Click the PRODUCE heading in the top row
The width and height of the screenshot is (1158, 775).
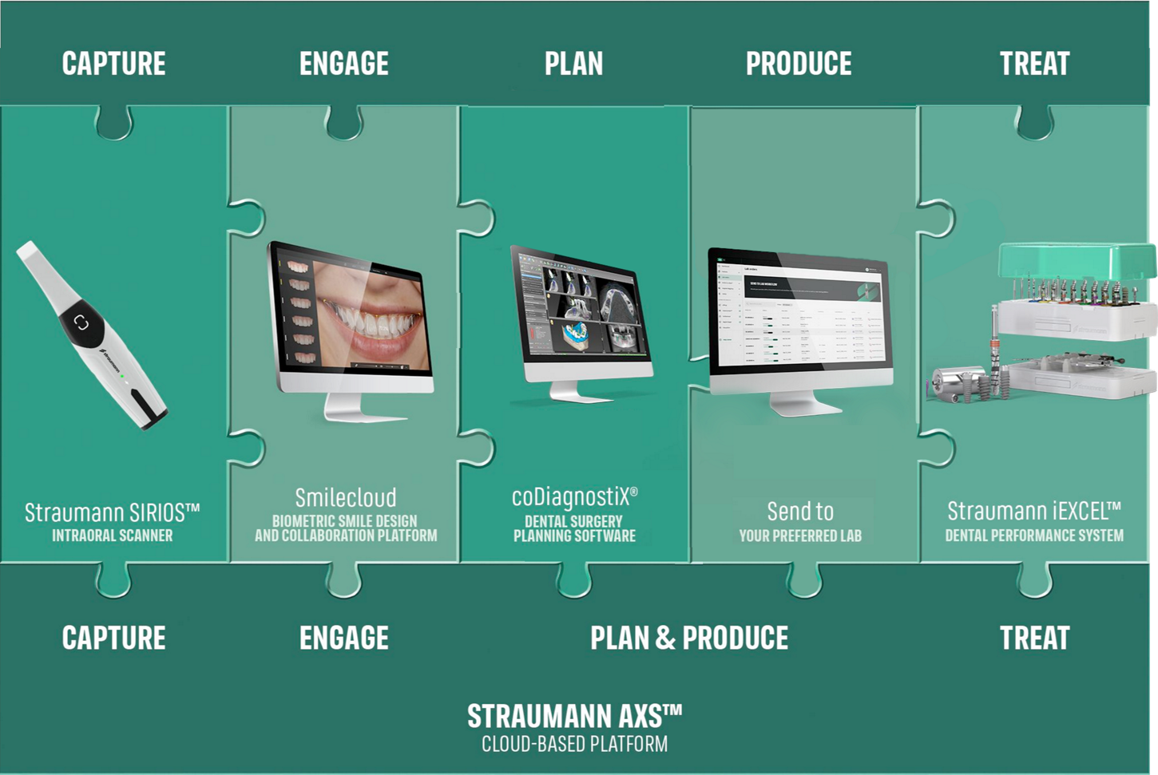pos(799,64)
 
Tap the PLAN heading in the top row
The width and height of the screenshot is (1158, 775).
pos(573,64)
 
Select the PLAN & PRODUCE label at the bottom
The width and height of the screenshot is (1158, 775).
pos(689,638)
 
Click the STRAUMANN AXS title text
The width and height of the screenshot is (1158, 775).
pos(574,716)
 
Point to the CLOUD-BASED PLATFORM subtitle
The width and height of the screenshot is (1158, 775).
pos(574,745)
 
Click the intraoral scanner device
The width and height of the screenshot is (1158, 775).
pos(92,335)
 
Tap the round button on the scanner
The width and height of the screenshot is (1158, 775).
pos(81,322)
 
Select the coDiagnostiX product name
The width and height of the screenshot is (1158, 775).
pos(574,497)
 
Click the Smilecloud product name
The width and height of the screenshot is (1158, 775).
pos(346,498)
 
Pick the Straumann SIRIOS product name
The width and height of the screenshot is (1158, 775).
pos(112,512)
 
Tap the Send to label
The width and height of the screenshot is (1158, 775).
pos(800,511)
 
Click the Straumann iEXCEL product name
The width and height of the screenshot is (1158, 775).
pos(1034,511)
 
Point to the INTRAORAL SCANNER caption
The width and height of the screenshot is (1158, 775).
pos(112,536)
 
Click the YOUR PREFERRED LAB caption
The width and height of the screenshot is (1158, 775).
pos(800,536)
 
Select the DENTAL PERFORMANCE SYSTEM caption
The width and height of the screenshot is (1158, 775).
pos(1034,536)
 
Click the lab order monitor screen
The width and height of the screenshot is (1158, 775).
pos(799,315)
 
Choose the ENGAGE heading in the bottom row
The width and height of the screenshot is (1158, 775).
pos(344,638)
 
